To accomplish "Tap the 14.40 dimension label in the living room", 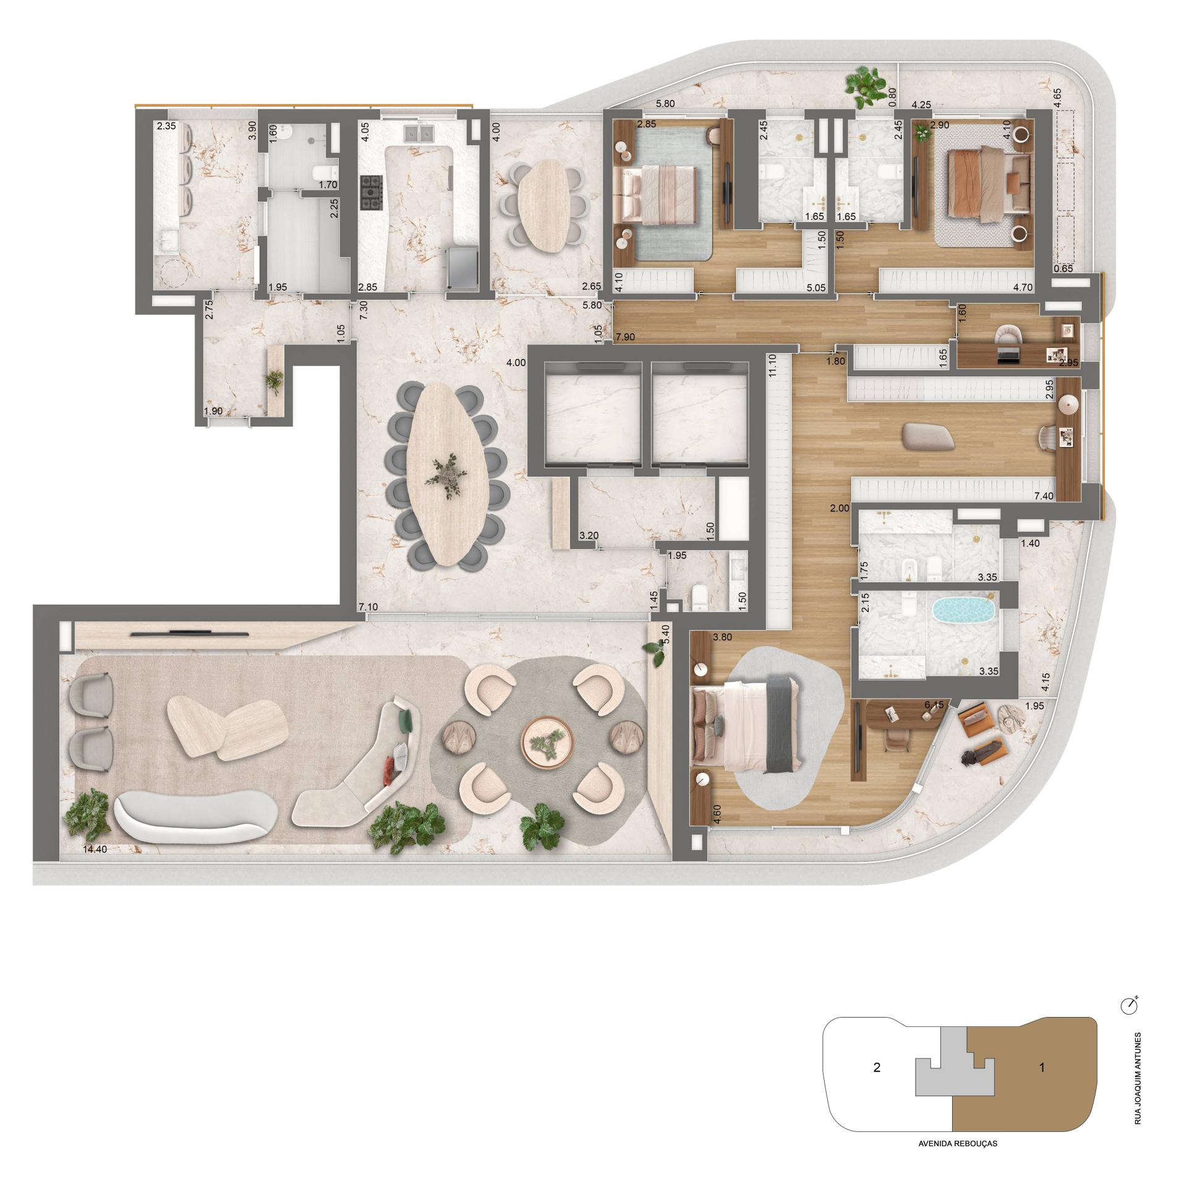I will pos(95,849).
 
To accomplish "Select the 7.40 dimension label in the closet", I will pos(1044,496).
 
